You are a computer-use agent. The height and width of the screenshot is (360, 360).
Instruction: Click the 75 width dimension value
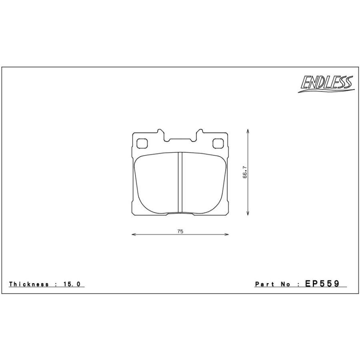[x=180, y=231]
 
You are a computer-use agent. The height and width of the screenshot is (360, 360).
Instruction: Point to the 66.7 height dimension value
[x=245, y=172]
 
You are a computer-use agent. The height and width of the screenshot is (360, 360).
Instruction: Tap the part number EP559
[x=322, y=284]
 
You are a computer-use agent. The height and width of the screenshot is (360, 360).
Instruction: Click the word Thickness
[x=29, y=284]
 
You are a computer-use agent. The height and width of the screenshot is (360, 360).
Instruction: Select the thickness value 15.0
[x=72, y=284]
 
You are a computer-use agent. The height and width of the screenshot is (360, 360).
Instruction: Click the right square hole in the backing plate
[x=218, y=142]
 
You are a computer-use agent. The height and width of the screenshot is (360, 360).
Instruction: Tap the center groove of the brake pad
[x=180, y=182]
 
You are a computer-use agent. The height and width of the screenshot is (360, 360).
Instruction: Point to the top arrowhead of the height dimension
[x=248, y=131]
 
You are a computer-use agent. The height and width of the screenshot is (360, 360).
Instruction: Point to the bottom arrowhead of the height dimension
[x=248, y=214]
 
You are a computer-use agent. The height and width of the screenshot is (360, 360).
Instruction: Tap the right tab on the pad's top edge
[x=199, y=133]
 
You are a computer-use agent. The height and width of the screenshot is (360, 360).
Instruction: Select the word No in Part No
[x=286, y=284]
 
